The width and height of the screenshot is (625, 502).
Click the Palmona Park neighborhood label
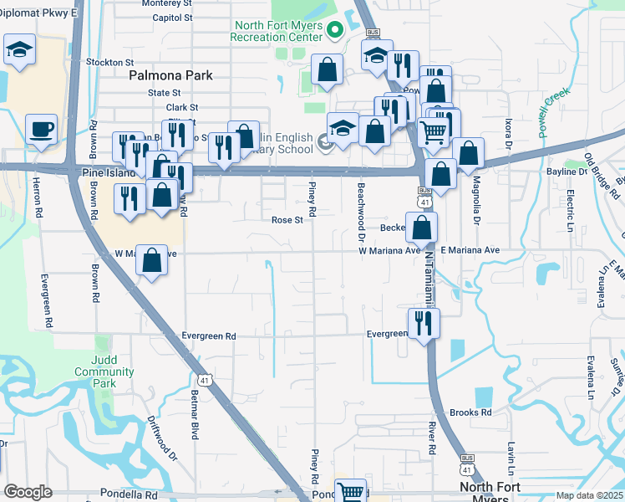[x=170, y=75]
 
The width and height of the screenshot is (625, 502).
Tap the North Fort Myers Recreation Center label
[x=277, y=31]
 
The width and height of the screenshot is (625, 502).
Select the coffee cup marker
[x=41, y=130]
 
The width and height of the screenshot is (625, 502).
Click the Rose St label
[x=287, y=220]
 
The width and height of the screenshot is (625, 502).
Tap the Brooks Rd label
[x=470, y=412]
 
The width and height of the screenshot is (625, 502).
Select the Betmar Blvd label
[x=195, y=424]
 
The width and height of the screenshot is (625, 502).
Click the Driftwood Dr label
[x=163, y=438]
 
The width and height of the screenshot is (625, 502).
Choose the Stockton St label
[x=109, y=62]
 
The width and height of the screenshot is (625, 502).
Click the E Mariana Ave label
[x=470, y=250]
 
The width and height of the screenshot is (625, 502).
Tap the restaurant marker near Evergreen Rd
[x=424, y=322]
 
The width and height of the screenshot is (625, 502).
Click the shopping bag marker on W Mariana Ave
[x=151, y=259]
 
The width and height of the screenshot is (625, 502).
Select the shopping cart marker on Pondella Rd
[x=351, y=491]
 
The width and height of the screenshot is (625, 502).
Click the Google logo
[x=28, y=492]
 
